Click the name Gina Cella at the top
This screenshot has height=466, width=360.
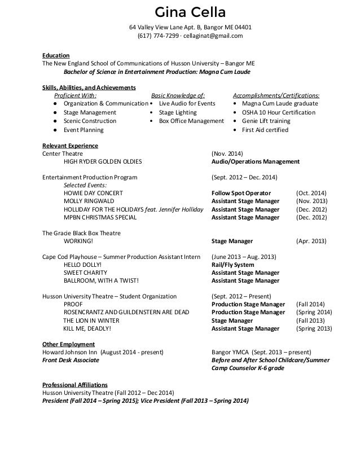pyautogui.click(x=181, y=12)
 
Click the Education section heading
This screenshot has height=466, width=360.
pyautogui.click(x=56, y=55)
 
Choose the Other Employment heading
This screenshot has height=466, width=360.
pyautogui.click(x=69, y=344)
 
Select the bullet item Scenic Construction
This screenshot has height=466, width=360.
pyautogui.click(x=90, y=121)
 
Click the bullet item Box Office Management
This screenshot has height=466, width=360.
pyautogui.click(x=191, y=121)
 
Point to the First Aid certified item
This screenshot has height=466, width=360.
pyautogui.click(x=265, y=130)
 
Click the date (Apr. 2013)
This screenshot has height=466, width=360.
pyautogui.click(x=311, y=241)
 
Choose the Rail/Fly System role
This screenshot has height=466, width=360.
pyautogui.click(x=232, y=265)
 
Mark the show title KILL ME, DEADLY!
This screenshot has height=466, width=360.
pyautogui.click(x=87, y=328)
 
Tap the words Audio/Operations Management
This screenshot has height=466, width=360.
pyautogui.click(x=256, y=161)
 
